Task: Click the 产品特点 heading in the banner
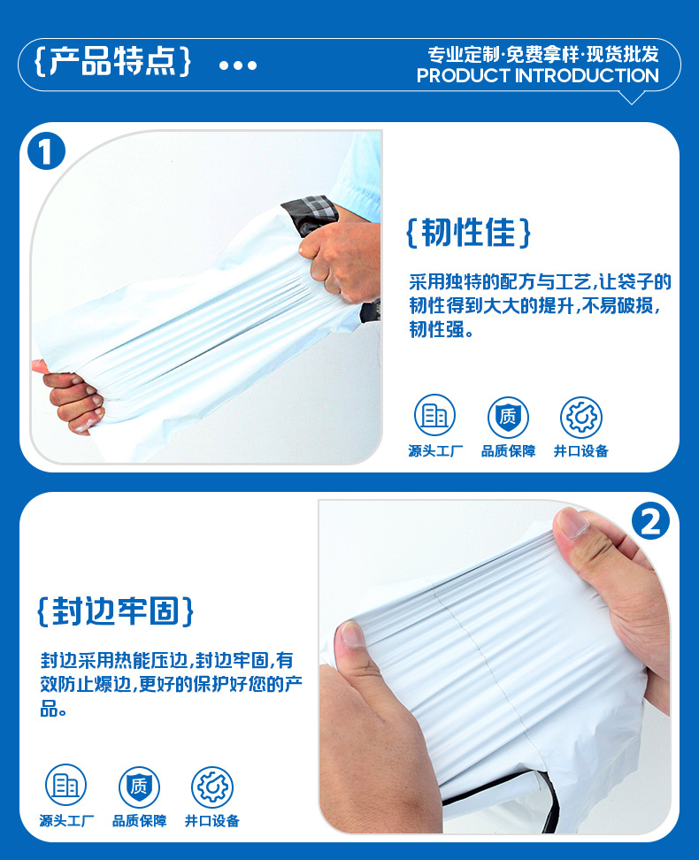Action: [112, 60]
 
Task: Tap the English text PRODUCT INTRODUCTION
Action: [538, 76]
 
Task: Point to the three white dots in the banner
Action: [238, 65]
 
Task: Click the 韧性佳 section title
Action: [468, 232]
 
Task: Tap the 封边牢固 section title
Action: [115, 610]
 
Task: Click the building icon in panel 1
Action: [434, 415]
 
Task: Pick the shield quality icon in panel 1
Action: [508, 417]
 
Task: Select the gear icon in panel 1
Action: [581, 417]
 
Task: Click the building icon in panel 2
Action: [65, 785]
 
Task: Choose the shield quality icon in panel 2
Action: [139, 787]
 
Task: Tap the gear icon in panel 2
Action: [212, 787]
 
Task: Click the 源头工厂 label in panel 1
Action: [435, 451]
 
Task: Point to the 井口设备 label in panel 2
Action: [212, 820]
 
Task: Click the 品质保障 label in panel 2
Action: [140, 820]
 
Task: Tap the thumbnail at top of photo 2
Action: [572, 522]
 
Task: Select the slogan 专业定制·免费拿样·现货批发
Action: [543, 54]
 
